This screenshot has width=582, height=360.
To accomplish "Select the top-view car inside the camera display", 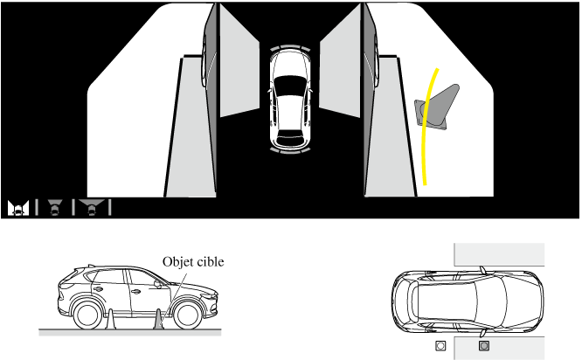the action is [x=291, y=99].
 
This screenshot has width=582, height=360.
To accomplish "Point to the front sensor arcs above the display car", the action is [x=290, y=48].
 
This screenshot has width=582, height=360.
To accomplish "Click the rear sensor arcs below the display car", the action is [x=290, y=150].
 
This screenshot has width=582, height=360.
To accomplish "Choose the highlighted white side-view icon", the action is [x=18, y=208].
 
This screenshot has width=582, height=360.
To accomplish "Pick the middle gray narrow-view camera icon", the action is [x=55, y=207].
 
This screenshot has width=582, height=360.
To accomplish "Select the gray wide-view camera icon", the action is [x=91, y=207].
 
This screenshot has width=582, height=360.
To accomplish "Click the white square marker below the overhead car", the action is [x=440, y=345].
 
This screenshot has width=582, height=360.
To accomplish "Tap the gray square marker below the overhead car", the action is [x=484, y=345].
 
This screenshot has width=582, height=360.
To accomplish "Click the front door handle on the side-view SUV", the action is [x=135, y=292].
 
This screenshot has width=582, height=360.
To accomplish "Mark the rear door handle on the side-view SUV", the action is [x=99, y=289].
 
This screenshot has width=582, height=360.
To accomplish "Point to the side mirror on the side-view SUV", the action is [x=158, y=284].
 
